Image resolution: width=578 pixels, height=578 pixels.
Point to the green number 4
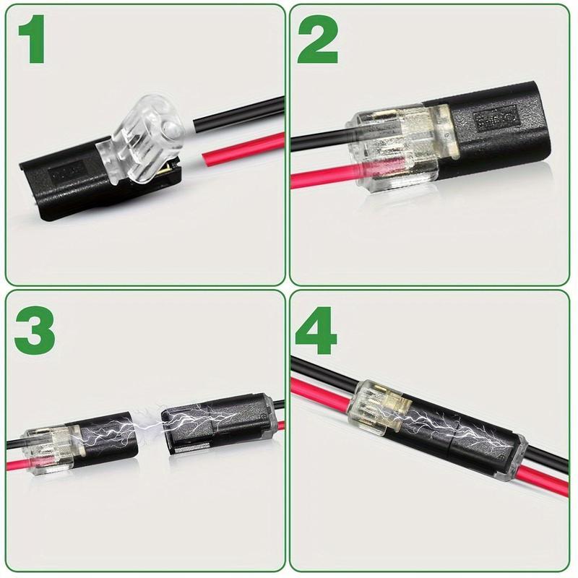(318, 330)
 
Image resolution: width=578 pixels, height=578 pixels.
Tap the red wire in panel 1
(238, 148)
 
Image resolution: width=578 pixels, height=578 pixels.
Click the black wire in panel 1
(238, 108)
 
